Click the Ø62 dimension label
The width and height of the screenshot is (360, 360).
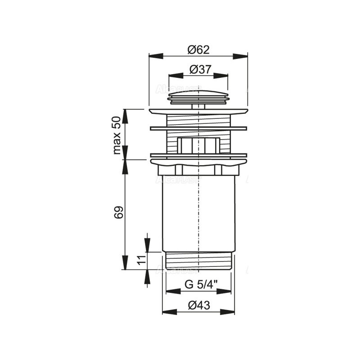point(198,50)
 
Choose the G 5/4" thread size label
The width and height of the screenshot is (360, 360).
point(198,284)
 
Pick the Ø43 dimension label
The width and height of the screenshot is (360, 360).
point(198,305)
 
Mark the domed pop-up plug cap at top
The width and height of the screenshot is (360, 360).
point(198,94)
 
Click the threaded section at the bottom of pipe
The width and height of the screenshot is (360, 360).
point(198,261)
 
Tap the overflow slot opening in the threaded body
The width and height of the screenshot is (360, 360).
point(198,145)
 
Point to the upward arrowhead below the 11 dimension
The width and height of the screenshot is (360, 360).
point(147,277)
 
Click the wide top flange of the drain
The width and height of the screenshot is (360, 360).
point(198,111)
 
